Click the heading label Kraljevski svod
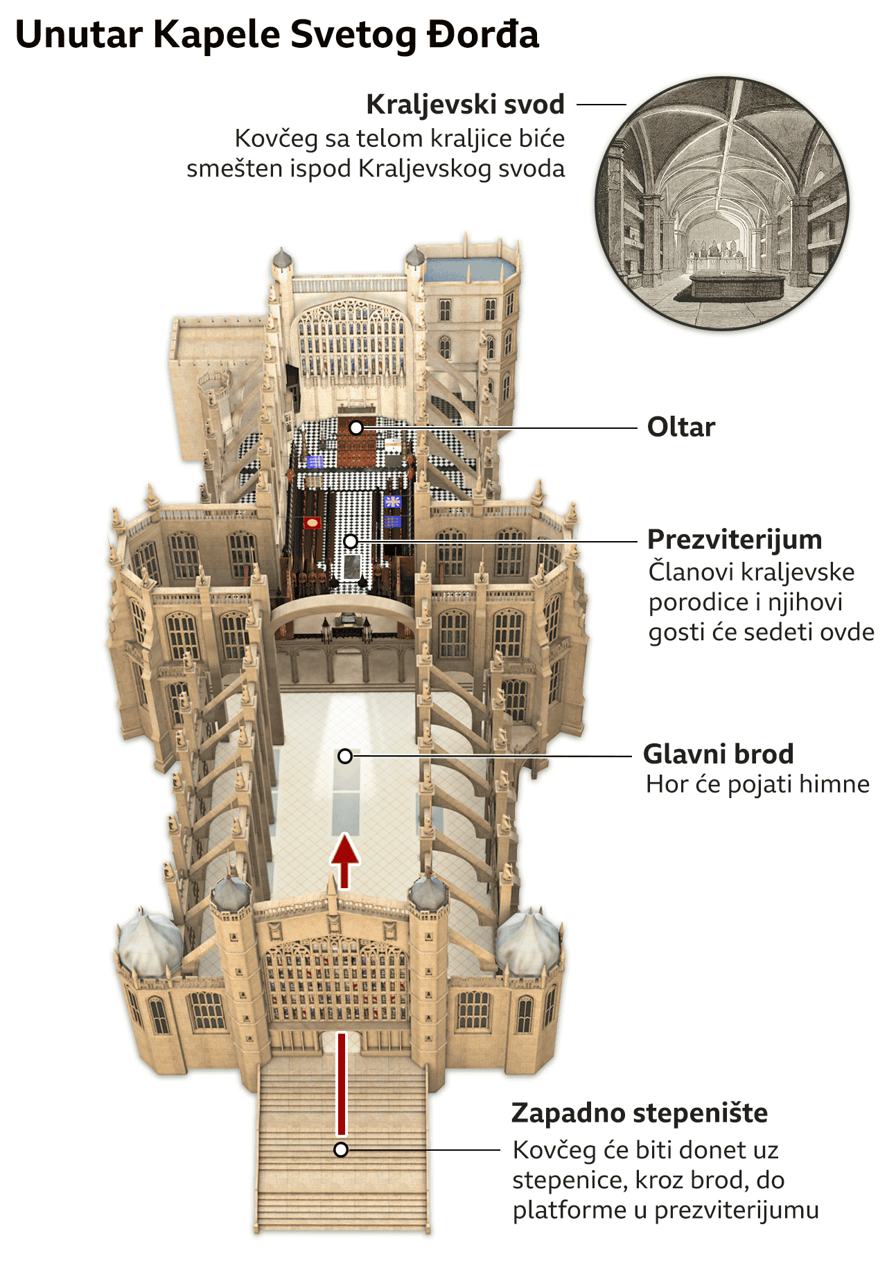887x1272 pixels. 465,105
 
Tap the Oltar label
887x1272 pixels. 680,427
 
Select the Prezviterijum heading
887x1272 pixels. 735,539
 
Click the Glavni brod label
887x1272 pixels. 718,754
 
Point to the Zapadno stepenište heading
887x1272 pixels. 639,1113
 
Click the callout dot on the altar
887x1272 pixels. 356,427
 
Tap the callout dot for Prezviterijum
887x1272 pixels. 351,540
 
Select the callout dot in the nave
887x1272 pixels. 345,756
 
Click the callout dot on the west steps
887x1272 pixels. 340,1150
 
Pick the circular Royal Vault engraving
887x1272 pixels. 721,203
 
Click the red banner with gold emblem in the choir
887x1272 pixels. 313,522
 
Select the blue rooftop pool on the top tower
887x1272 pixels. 470,268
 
